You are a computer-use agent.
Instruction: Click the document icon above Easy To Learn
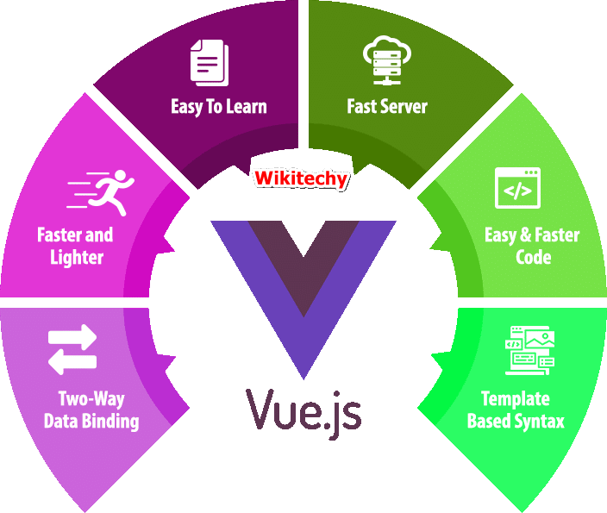[210, 62]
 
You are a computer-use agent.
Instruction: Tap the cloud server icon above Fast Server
[386, 59]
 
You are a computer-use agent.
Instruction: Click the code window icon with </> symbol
[517, 188]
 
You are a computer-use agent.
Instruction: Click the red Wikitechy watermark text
[300, 179]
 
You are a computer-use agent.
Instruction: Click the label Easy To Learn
[219, 107]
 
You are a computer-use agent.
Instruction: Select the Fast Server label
[387, 107]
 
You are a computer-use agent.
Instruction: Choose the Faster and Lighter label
[75, 245]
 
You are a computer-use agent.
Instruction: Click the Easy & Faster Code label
[533, 245]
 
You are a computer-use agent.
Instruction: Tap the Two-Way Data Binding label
[91, 410]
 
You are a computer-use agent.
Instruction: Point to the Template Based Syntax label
[516, 410]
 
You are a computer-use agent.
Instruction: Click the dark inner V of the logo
[303, 259]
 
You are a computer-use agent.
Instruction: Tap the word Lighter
[77, 257]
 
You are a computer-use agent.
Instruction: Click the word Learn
[247, 107]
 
